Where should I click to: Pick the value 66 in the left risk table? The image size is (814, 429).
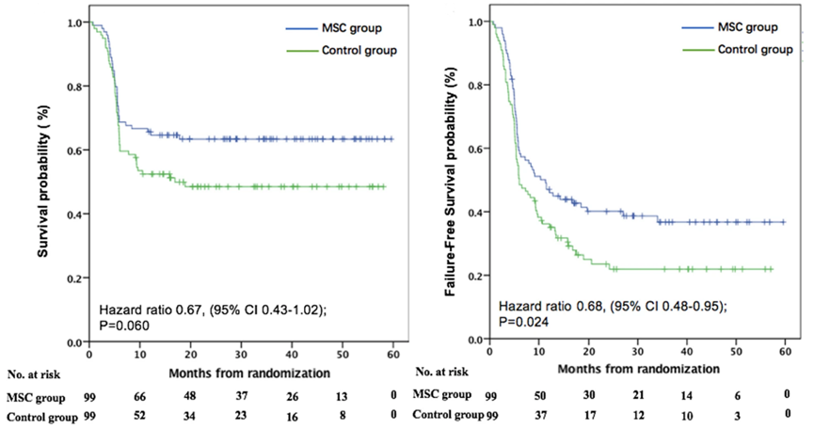click(136, 395)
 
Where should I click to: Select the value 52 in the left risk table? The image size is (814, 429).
click(136, 415)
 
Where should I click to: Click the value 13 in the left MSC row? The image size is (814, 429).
click(342, 395)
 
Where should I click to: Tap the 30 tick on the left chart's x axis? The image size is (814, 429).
click(240, 357)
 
